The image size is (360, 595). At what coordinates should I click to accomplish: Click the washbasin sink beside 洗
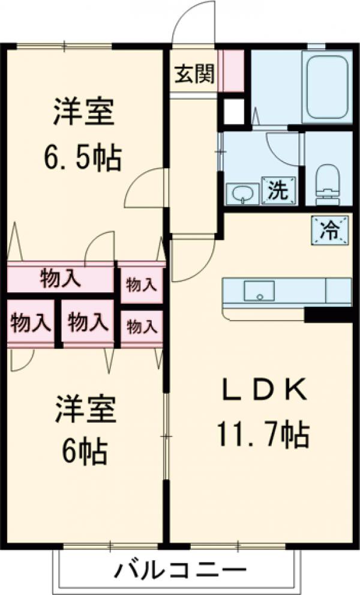tap(242, 193)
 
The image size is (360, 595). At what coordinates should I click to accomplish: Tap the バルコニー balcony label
tap(180, 567)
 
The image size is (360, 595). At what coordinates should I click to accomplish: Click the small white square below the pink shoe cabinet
tap(233, 110)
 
